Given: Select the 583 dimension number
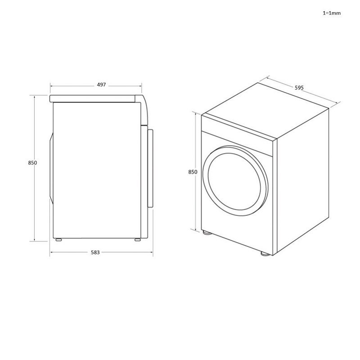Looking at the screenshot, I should tap(95, 252).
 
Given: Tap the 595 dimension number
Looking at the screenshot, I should tap(299, 88).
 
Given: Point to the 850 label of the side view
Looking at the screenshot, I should tap(32, 163).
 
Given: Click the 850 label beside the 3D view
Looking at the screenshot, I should tap(192, 172).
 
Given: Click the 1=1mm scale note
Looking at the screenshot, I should tap(332, 13).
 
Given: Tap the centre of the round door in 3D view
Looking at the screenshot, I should tap(235, 179).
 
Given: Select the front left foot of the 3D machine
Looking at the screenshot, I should tap(206, 233).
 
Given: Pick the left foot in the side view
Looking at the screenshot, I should tap(58, 240).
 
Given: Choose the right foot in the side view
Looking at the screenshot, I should tap(137, 240).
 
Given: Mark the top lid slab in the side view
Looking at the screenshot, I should tap(94, 98).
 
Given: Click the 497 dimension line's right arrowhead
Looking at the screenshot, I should tap(141, 85).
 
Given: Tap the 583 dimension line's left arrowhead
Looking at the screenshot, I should tap(51, 252).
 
